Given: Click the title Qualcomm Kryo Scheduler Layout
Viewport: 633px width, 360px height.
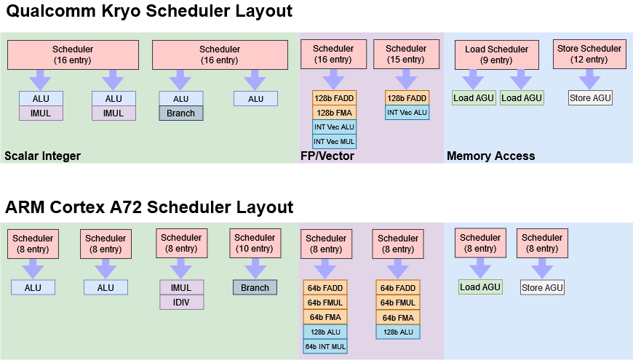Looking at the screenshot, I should point(149,12).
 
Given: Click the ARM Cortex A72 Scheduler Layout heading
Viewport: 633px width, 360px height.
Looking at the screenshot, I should point(149,207).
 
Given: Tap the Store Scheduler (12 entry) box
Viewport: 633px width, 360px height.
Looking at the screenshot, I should point(589,55).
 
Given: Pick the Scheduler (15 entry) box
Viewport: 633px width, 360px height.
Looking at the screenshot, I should point(406,55).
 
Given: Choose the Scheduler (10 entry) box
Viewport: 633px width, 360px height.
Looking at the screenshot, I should point(255,244).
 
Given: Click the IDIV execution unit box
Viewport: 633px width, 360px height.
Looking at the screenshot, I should point(181,302).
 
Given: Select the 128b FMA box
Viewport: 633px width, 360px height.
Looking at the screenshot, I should point(334,112).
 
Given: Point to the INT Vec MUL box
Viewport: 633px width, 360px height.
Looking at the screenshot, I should point(334,141).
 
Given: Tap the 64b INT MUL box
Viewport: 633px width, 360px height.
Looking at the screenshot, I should point(325,346).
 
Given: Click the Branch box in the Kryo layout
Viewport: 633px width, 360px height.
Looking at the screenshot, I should point(181,113).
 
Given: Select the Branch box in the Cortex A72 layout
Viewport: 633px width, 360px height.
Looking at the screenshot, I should point(255,287).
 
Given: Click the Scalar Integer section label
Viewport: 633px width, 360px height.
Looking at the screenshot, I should point(42,156).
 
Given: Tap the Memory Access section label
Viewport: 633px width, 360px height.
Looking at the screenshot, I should point(490,156).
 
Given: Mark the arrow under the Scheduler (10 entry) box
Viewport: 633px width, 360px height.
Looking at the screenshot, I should point(255,268).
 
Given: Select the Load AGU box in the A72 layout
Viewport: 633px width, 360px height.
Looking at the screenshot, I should point(480,287).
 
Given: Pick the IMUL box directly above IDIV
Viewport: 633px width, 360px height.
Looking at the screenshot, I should point(181,287).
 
